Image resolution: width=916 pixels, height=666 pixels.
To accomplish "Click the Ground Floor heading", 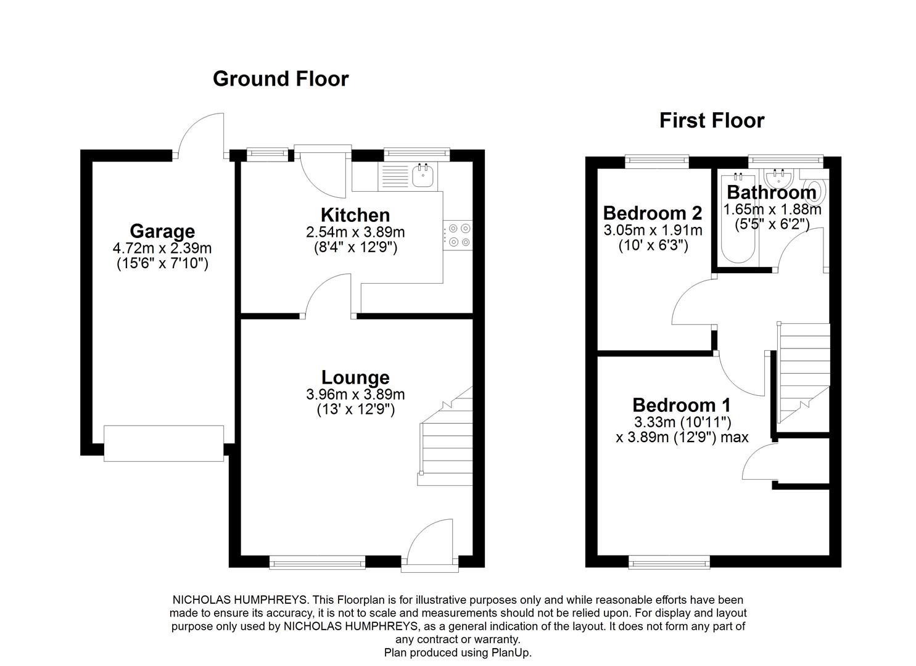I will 281,79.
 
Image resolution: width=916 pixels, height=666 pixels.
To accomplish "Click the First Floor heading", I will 711,120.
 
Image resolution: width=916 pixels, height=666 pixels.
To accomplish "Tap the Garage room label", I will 162,231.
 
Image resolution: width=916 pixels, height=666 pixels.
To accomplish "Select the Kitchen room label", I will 355,215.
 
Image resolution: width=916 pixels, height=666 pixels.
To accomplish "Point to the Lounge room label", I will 355,377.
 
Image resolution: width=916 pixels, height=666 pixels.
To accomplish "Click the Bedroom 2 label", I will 652,213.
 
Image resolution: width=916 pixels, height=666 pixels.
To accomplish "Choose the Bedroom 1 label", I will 681,405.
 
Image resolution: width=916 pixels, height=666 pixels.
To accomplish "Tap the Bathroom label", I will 771,192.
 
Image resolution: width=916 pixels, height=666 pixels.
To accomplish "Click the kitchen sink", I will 423,176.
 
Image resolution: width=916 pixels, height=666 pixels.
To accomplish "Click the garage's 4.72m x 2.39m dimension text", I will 162,249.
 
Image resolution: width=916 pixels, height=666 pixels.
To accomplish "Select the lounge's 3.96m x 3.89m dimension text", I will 355,395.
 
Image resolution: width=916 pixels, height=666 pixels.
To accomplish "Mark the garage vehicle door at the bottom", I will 163,443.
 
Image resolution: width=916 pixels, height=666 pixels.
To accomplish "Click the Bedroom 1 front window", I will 669,561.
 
